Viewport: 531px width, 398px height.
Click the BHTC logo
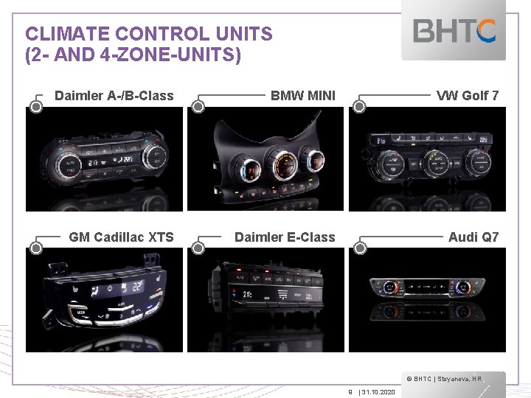point(454,31)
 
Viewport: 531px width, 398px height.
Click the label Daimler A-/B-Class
point(114,95)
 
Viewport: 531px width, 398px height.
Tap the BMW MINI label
point(302,95)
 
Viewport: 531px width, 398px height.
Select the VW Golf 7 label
point(468,95)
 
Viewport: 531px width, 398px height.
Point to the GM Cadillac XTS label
point(121,237)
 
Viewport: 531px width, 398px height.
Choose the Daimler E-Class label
point(284,237)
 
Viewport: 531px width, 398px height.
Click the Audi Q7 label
point(473,237)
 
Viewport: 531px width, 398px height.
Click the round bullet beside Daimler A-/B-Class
point(35,106)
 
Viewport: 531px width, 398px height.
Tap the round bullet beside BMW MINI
point(198,106)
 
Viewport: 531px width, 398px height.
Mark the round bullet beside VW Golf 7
point(359,106)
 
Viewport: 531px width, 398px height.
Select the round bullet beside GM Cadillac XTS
point(35,248)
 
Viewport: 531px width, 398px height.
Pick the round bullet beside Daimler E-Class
point(198,248)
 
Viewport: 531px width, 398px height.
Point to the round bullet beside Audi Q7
point(359,248)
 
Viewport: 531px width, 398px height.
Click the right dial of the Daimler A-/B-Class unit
point(154,156)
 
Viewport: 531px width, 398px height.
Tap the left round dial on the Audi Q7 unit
point(390,288)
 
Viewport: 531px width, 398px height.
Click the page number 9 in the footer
point(350,391)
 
